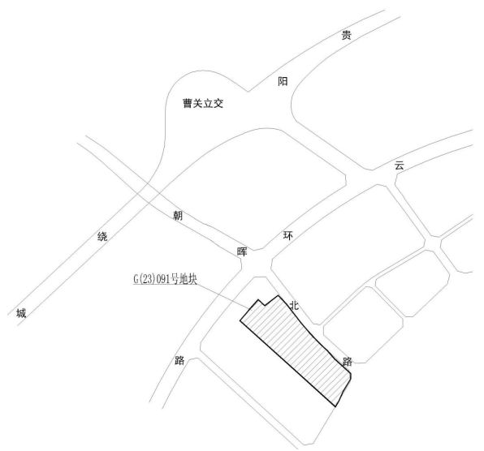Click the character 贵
(x=346, y=35)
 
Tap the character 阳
(x=283, y=81)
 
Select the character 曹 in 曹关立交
(x=188, y=103)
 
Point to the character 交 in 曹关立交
(x=218, y=103)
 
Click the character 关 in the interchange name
(x=198, y=103)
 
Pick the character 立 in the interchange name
(x=208, y=103)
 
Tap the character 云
(x=399, y=165)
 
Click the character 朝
(x=178, y=216)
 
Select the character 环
(x=288, y=236)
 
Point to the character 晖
(x=242, y=251)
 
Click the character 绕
(x=102, y=236)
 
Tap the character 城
(x=21, y=313)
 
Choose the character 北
(x=294, y=305)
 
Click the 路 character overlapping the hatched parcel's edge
(x=348, y=362)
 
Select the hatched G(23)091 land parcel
(x=296, y=346)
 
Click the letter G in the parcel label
(x=136, y=279)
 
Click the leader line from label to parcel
(x=223, y=295)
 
